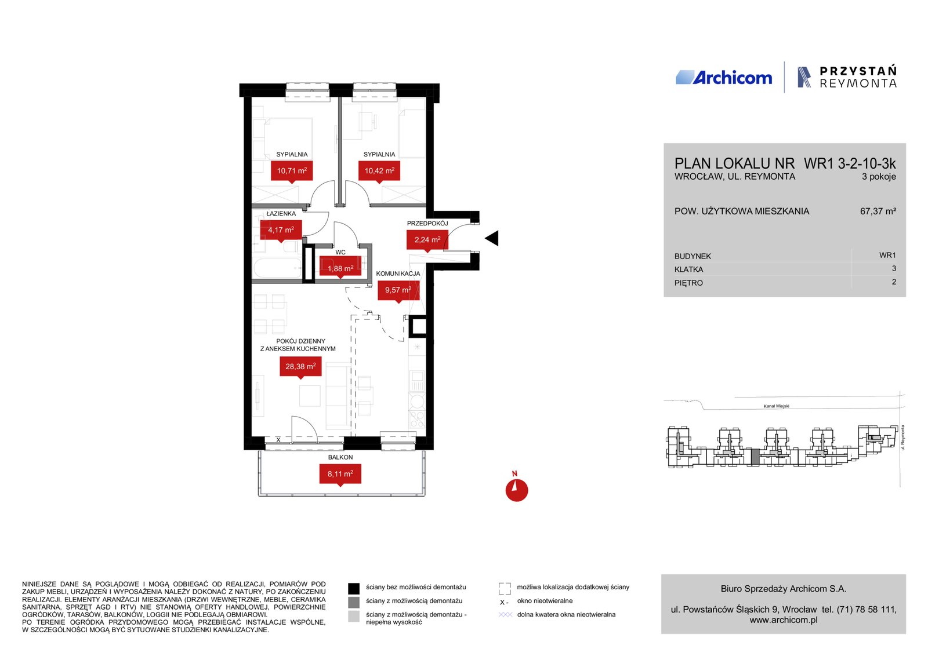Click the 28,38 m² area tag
(x=300, y=367)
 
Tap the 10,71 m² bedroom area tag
(x=292, y=171)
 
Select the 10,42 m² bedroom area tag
(x=379, y=171)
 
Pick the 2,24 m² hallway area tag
(x=427, y=240)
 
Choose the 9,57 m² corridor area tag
(x=398, y=290)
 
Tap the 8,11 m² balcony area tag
(x=340, y=474)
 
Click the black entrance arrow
(x=492, y=238)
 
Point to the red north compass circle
(x=517, y=490)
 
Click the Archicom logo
(x=724, y=78)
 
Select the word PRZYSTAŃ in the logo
(x=858, y=71)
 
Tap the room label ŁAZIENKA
(x=281, y=214)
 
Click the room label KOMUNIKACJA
(x=398, y=274)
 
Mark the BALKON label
(x=340, y=457)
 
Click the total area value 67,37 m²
(x=878, y=211)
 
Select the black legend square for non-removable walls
(x=354, y=589)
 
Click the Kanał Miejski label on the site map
(x=777, y=406)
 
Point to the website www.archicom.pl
(x=784, y=620)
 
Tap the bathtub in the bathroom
(x=278, y=268)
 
